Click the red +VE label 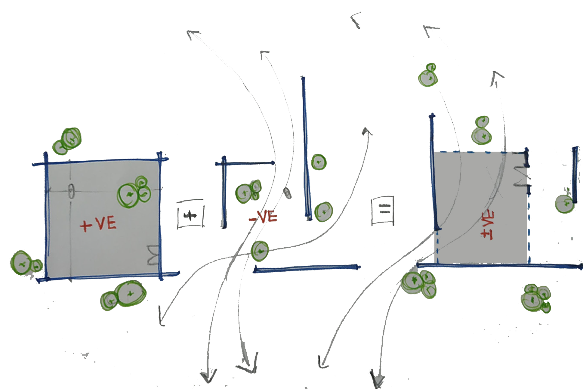tap(98, 224)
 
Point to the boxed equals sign tap(383, 210)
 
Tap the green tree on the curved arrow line tap(260, 251)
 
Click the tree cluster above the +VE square tap(68, 141)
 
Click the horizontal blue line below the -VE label tap(306, 268)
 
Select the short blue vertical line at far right tap(575, 174)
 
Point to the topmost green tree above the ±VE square tap(428, 76)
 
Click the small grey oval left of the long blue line tap(287, 193)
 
